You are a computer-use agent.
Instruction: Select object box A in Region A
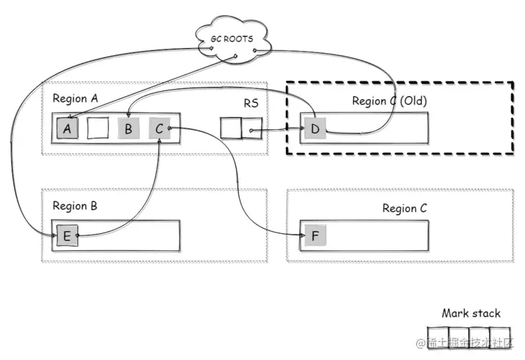click(68, 129)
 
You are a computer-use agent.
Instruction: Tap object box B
click(128, 129)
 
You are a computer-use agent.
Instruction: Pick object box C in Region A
click(158, 129)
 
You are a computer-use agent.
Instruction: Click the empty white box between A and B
click(98, 129)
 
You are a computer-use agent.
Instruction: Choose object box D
click(314, 130)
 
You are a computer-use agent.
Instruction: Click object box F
click(313, 236)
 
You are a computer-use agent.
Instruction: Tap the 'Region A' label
click(75, 99)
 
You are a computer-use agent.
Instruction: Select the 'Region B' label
click(75, 206)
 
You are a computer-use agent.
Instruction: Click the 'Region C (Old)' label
click(389, 101)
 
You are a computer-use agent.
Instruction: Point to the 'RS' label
click(251, 103)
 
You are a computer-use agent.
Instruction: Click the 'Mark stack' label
click(471, 313)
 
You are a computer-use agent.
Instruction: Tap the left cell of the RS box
click(230, 129)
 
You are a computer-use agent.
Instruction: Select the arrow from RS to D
click(276, 131)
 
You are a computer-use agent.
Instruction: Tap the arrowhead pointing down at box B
click(128, 115)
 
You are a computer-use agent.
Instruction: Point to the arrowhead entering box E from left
click(54, 235)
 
